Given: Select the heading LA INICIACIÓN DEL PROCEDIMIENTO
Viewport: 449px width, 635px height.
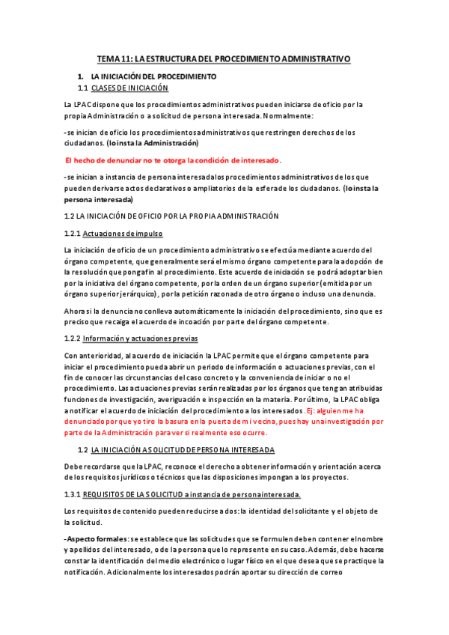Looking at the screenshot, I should [x=153, y=77].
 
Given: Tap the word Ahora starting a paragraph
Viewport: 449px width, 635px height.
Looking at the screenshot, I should [x=76, y=310].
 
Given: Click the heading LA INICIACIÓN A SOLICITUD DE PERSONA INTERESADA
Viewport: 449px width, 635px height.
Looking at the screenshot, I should [x=183, y=449].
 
